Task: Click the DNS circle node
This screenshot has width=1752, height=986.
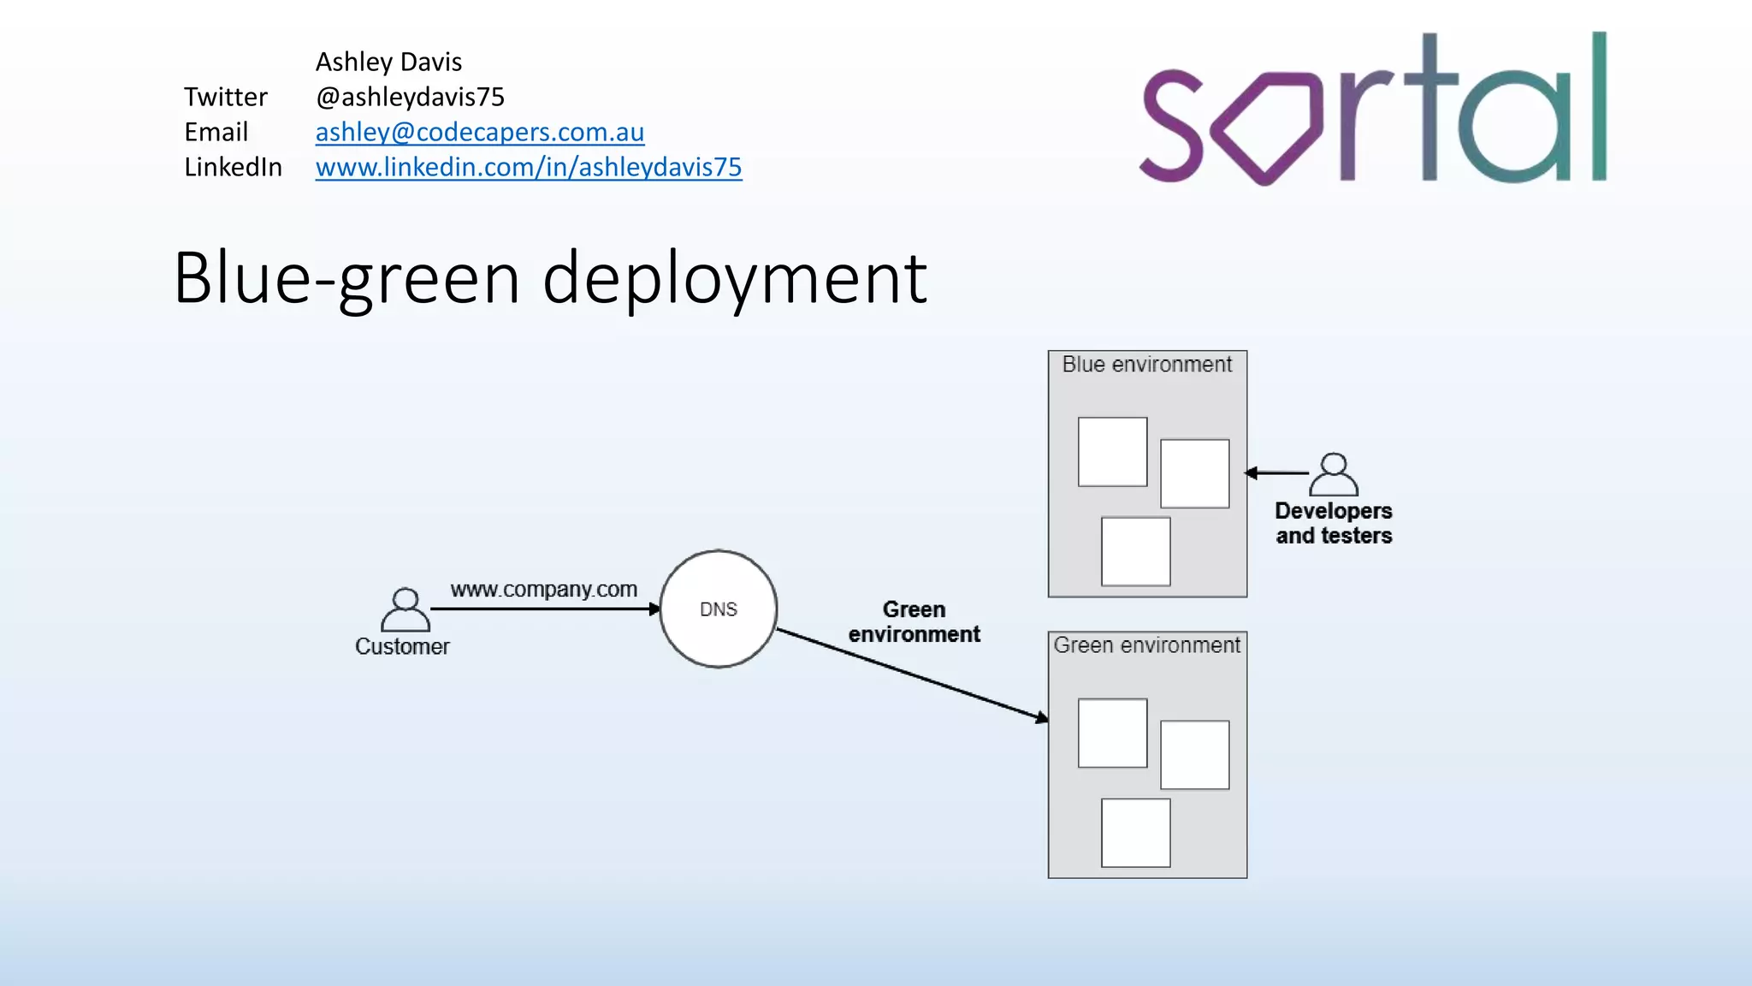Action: (718, 609)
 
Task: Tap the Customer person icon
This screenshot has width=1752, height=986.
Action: (405, 609)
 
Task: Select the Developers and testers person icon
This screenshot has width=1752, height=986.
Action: (1333, 474)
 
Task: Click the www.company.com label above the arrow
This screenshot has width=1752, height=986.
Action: (543, 589)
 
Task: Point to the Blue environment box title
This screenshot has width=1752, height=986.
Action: (1146, 365)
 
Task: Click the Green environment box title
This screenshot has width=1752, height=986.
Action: (1146, 645)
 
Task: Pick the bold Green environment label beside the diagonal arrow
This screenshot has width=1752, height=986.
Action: (914, 622)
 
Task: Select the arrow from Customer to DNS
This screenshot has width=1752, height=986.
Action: (544, 609)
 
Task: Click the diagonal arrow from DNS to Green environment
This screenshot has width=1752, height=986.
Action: (911, 674)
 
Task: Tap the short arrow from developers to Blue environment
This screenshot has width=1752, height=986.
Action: (1276, 472)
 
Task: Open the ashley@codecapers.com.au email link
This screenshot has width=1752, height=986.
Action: (479, 132)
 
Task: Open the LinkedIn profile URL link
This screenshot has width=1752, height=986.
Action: (528, 167)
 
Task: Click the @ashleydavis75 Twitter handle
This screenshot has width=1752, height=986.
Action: (410, 97)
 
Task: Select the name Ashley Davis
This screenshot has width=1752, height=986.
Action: (388, 62)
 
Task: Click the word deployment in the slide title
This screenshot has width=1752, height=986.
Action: (734, 278)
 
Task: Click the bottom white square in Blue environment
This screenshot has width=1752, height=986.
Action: (1135, 551)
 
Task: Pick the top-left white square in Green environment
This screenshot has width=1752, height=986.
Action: (1112, 733)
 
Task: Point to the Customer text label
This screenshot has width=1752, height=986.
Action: (402, 646)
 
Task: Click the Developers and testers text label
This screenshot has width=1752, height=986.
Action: (1333, 523)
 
